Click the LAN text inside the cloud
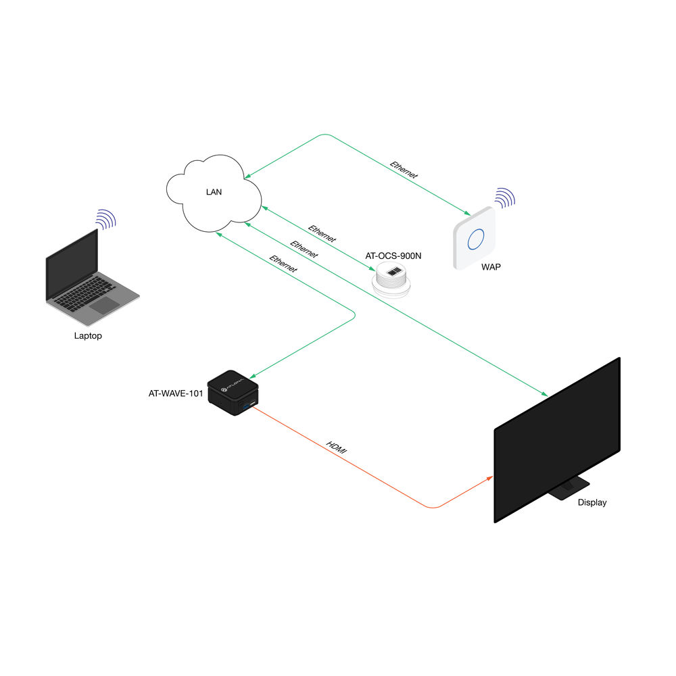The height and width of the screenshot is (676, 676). click(214, 192)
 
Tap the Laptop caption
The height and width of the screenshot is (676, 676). click(88, 336)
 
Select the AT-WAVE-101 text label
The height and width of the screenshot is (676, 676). click(176, 393)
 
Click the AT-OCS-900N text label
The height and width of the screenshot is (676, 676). click(393, 256)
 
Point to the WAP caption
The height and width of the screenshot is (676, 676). click(491, 267)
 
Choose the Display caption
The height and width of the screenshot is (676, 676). click(592, 502)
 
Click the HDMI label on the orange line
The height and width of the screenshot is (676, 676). click(337, 448)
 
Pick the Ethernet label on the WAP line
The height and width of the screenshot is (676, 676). click(404, 170)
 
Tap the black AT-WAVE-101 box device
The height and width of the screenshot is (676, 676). click(233, 393)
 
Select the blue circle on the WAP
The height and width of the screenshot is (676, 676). click(476, 239)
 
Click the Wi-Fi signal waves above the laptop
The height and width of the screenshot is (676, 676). click(106, 219)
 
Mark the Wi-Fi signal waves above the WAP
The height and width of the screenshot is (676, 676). click(505, 198)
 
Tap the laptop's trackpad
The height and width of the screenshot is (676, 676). click(104, 306)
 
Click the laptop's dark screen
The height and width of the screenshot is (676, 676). click(72, 264)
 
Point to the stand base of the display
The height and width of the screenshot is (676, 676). click(569, 489)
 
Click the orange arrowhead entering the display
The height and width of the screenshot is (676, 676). click(489, 478)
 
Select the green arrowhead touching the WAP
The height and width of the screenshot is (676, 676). click(467, 212)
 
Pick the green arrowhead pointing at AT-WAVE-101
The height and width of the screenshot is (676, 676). click(253, 377)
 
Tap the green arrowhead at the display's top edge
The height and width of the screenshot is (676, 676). click(544, 393)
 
